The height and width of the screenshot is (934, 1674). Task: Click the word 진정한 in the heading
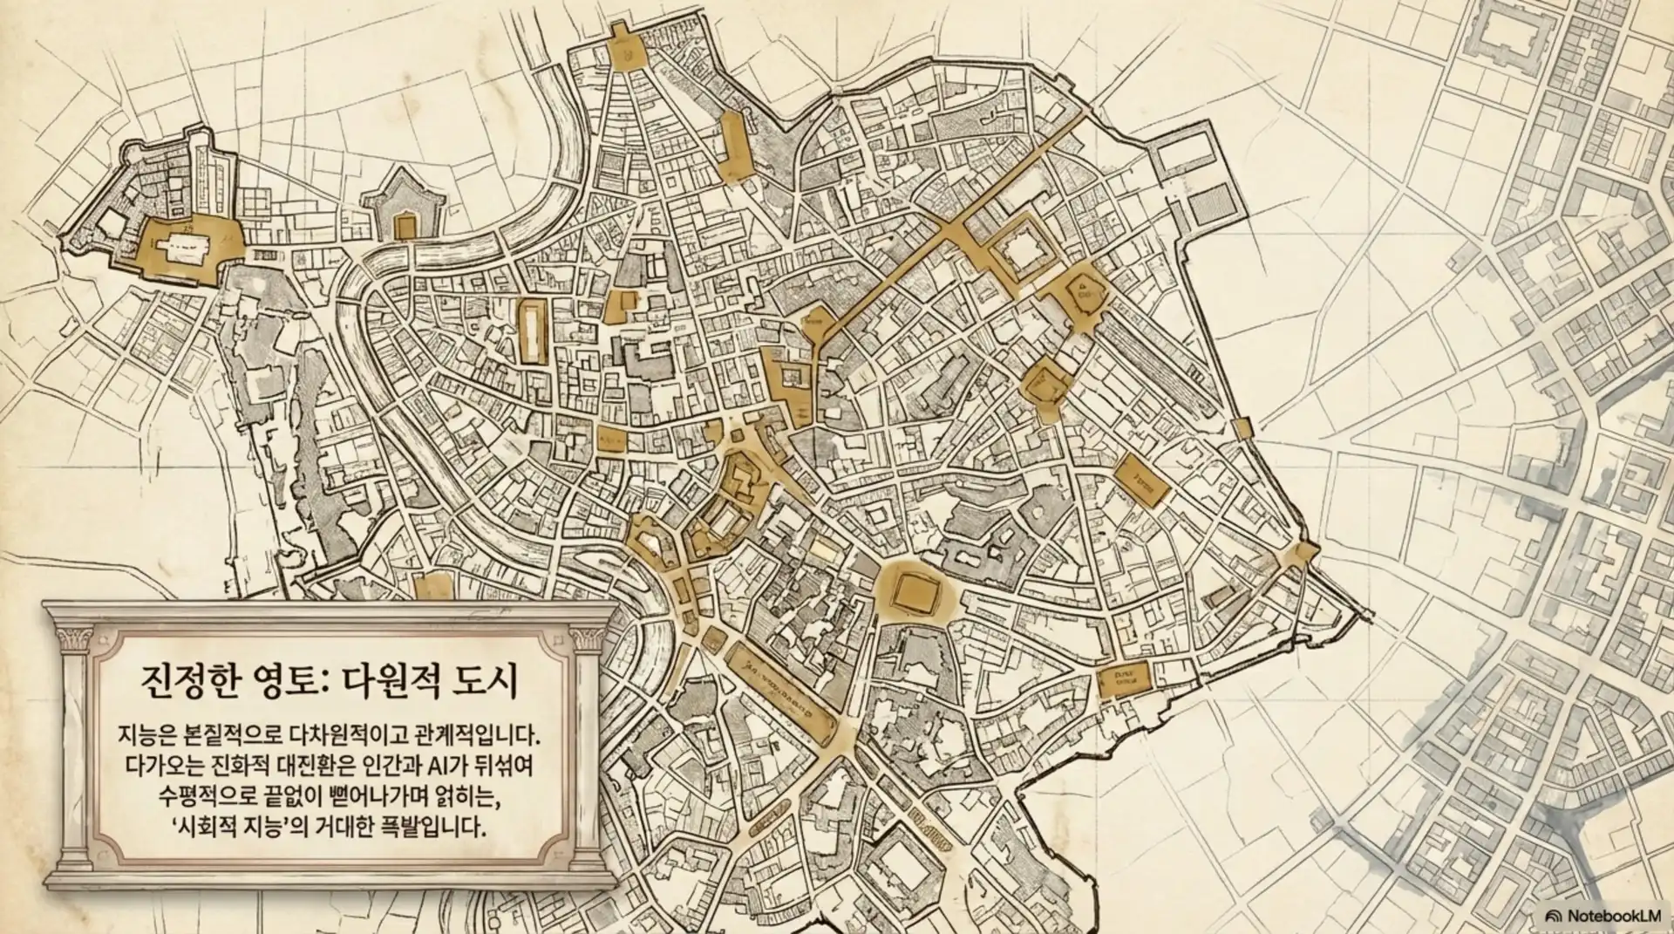point(182,680)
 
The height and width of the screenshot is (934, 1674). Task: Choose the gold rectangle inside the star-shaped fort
point(405,228)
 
